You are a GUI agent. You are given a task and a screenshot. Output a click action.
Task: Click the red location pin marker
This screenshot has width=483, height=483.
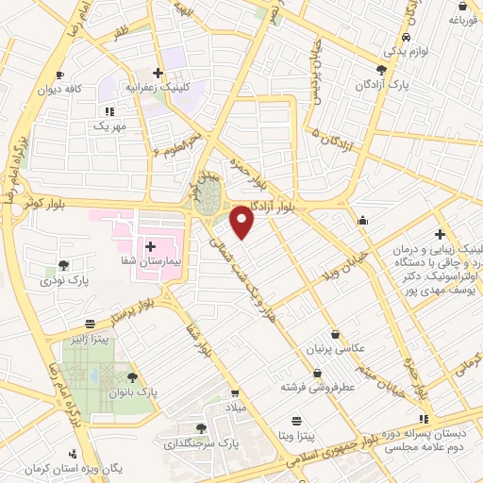pos(242,221)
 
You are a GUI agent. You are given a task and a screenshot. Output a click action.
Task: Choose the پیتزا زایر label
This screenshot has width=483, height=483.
pos(92,337)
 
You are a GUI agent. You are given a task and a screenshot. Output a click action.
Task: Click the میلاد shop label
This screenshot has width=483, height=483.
pos(233,406)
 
